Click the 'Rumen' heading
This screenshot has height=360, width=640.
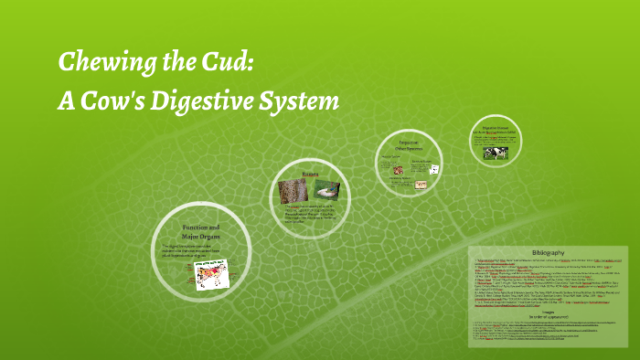coord(312,173)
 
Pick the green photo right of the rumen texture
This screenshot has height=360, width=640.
coord(327,190)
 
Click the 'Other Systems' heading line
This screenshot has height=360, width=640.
coord(408,148)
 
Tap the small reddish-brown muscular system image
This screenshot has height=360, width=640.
coord(391,168)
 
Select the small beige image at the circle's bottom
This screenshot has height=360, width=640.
coord(421,185)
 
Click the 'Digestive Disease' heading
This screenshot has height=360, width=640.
coord(496,129)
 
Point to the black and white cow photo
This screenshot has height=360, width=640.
coord(498,153)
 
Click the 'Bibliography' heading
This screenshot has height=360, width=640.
coord(549,252)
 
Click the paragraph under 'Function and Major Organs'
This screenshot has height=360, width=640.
coord(190,251)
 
